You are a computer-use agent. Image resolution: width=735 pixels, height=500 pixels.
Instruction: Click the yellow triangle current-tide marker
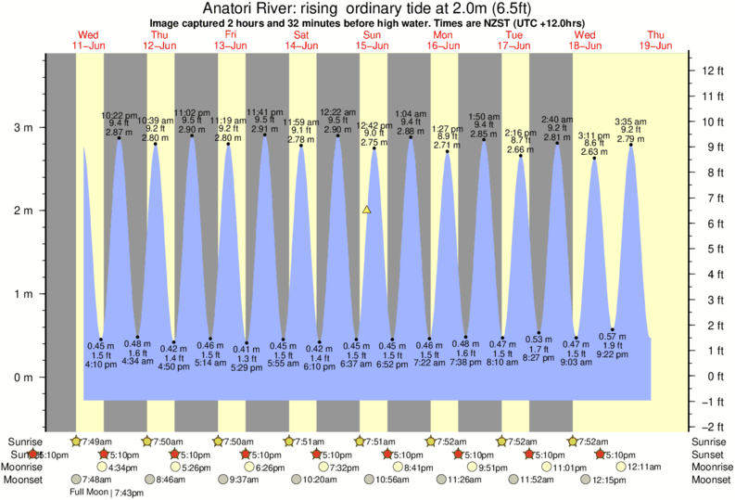coord(367,211)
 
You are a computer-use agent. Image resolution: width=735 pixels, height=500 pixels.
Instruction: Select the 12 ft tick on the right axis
coord(712,71)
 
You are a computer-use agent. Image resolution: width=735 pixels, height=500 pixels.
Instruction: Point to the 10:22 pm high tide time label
coord(119,115)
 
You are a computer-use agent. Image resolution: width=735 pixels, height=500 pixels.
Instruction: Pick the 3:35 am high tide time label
coord(631,122)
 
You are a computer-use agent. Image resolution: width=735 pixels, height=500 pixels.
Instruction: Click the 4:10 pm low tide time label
coord(100,365)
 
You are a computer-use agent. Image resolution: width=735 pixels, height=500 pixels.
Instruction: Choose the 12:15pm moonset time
coord(597,481)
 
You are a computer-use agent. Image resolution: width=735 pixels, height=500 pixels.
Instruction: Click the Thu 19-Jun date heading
coord(658,40)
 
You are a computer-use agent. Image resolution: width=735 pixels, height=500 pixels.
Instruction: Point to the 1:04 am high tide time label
coord(411,114)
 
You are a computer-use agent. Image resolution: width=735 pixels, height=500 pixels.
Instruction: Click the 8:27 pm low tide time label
coord(539,357)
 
